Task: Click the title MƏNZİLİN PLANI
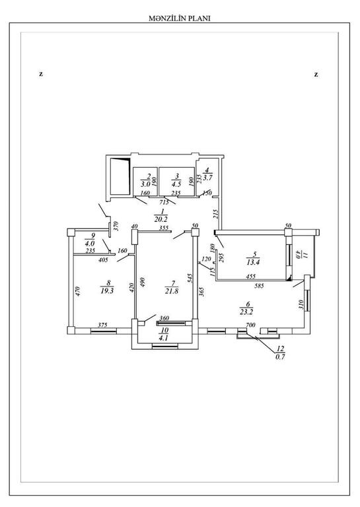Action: [179, 18]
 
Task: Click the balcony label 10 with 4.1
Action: [164, 334]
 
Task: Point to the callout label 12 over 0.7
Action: [280, 353]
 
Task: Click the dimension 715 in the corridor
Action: [164, 203]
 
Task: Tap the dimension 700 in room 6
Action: [250, 325]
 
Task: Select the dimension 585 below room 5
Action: [260, 285]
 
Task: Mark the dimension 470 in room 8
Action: [78, 291]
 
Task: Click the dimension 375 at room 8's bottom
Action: [102, 325]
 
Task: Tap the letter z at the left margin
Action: [41, 74]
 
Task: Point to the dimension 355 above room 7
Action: [164, 228]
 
